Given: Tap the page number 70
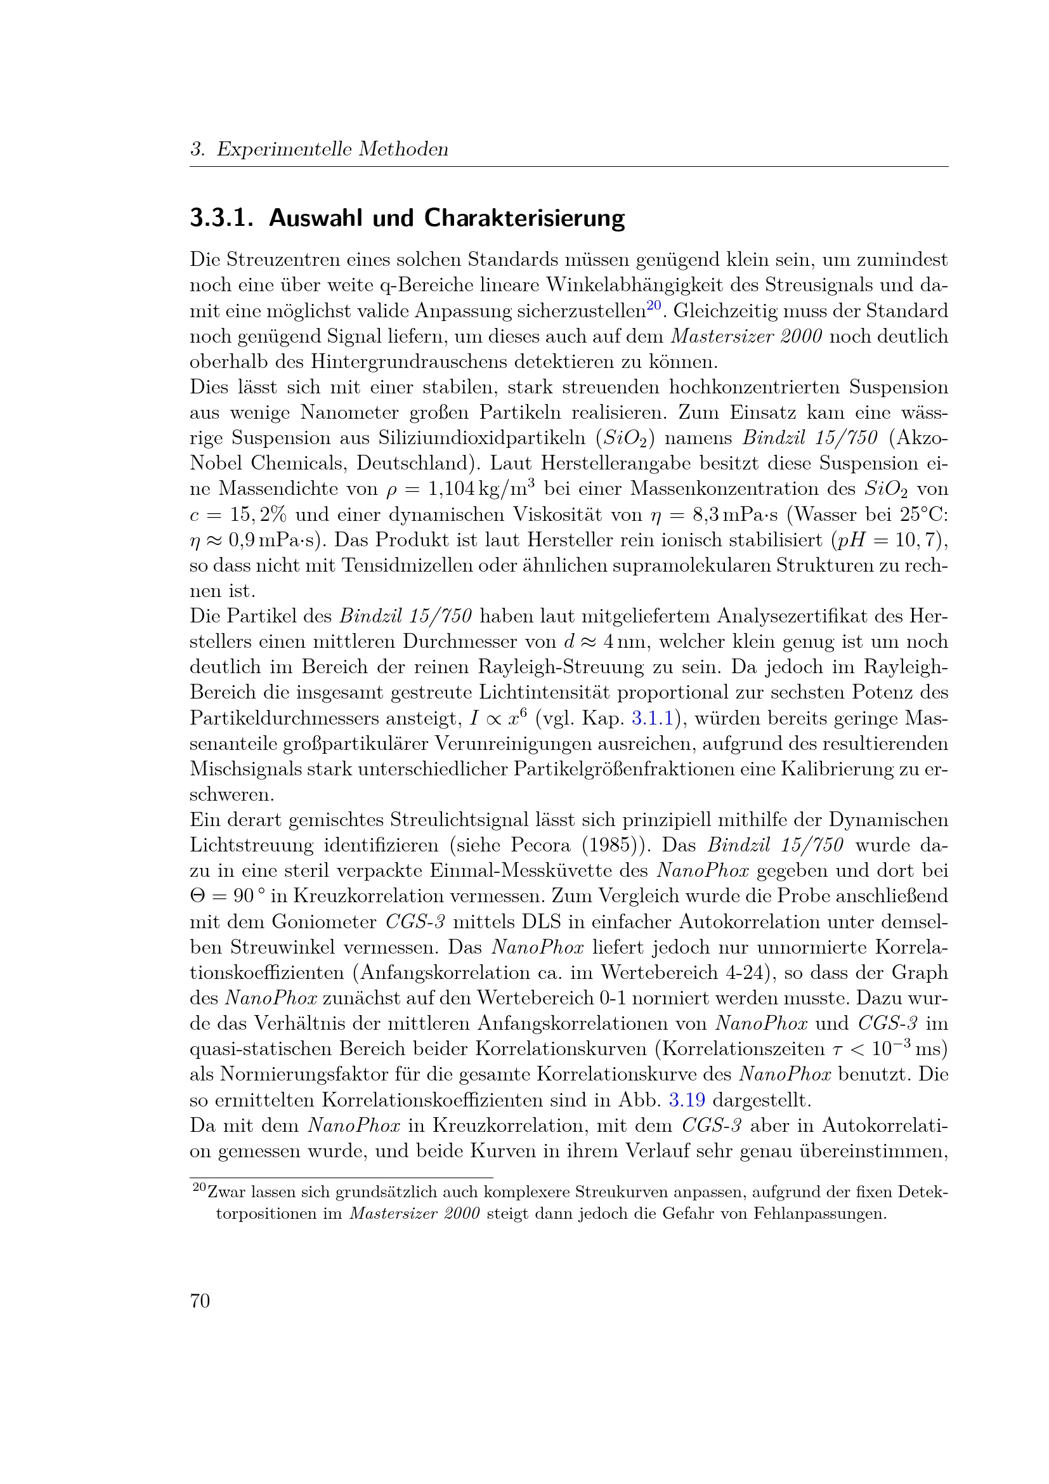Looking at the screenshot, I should pyautogui.click(x=200, y=1301).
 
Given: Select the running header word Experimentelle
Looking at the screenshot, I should pyautogui.click(x=284, y=149).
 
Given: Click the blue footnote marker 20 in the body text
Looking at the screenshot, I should pyautogui.click(x=654, y=305).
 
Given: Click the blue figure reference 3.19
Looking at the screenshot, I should pyautogui.click(x=687, y=1100).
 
